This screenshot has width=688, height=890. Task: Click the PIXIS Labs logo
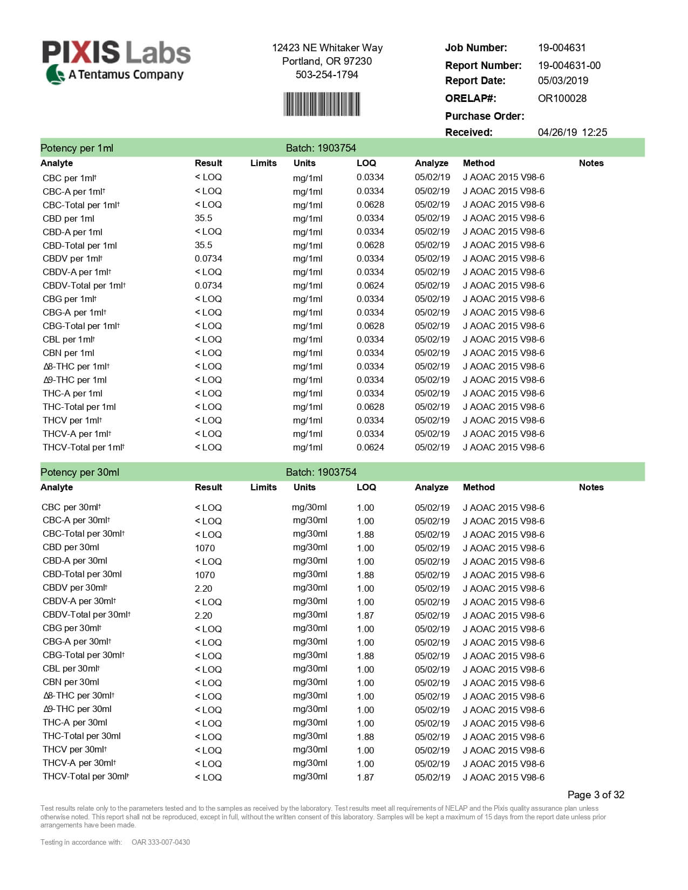(116, 61)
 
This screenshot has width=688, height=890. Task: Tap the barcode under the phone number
(322, 104)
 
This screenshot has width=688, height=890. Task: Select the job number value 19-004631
(562, 47)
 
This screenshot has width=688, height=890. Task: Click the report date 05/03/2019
(563, 80)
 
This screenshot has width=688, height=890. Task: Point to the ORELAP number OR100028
(562, 98)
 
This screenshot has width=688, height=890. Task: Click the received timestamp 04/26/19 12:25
(572, 132)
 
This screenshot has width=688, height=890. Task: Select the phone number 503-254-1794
(326, 74)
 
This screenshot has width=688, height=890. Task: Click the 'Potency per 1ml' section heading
(77, 148)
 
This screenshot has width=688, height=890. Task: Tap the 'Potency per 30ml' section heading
(80, 473)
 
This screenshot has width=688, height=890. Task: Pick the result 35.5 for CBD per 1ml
(203, 218)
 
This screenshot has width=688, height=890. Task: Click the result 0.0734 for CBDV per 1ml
(208, 259)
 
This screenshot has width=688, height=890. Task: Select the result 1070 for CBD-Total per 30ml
(205, 575)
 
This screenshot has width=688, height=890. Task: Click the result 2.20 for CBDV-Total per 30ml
(203, 615)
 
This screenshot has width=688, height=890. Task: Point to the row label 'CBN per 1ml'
(69, 353)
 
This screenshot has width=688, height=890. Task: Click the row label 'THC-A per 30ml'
(75, 723)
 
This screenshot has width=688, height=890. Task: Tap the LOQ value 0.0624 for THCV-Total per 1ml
(370, 448)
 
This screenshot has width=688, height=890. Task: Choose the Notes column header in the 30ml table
(591, 488)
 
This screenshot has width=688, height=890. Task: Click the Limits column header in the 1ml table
(263, 163)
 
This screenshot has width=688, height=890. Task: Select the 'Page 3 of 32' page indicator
(596, 795)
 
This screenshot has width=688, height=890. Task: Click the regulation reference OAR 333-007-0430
(161, 842)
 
